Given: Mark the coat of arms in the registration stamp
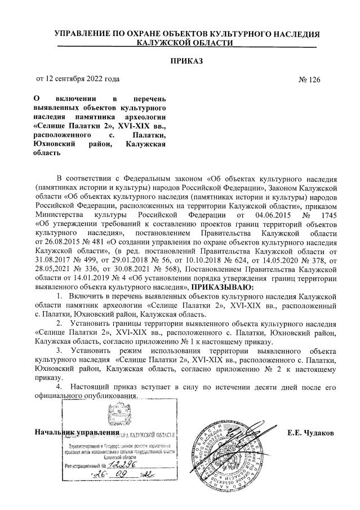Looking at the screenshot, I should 115,416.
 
